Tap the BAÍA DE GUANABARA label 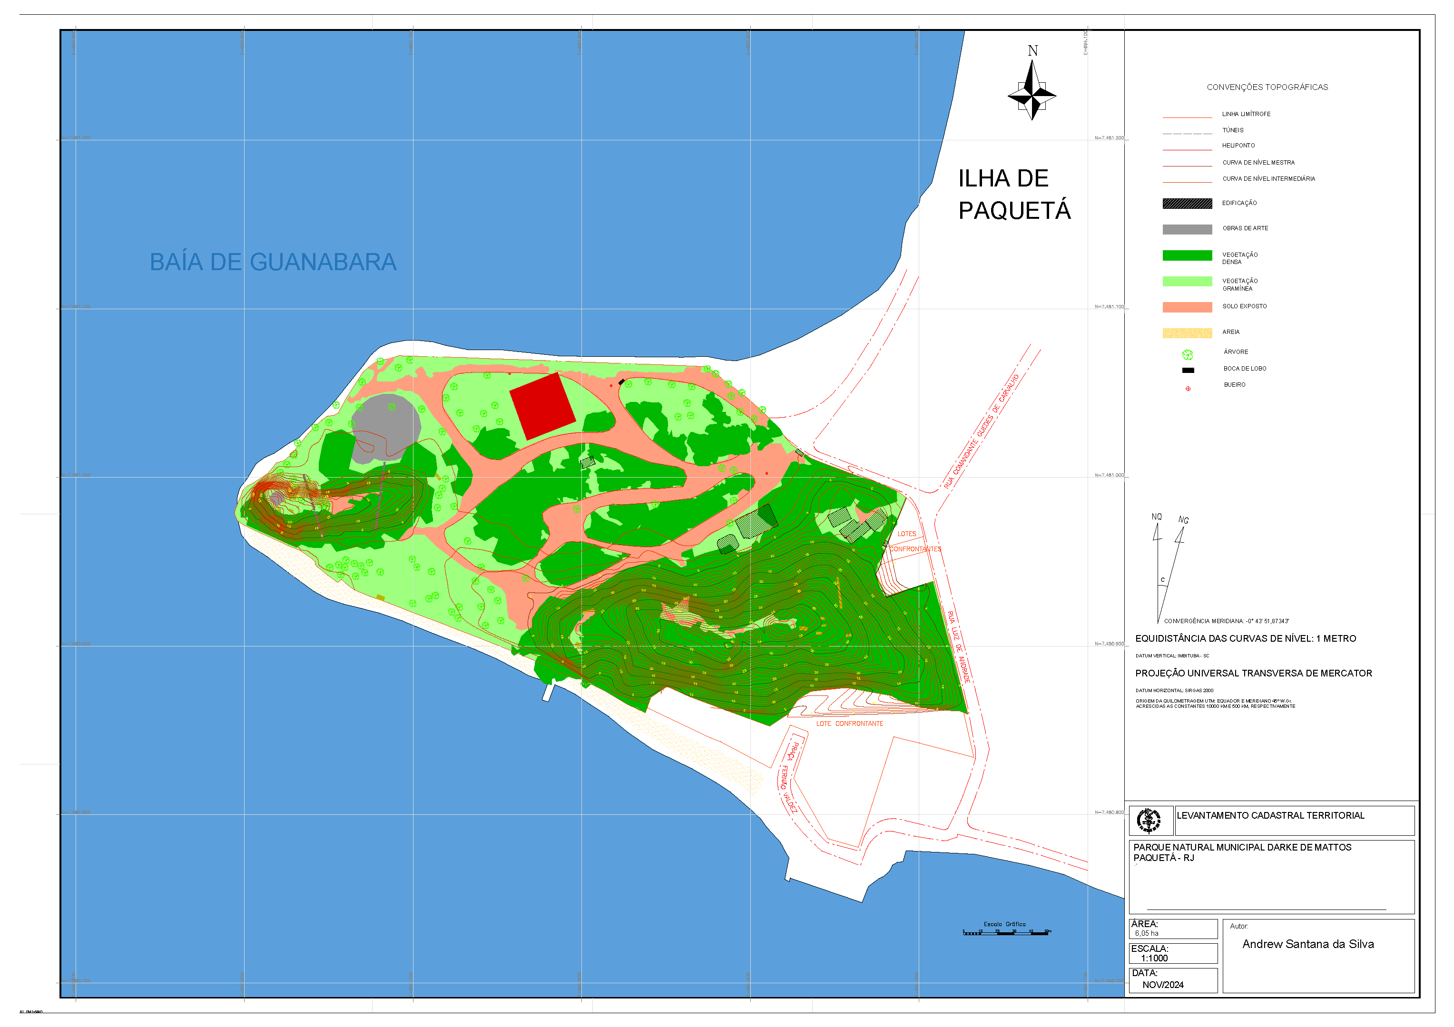273,262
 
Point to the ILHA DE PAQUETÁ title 1013,195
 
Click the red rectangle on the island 542,406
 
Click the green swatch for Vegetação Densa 1187,256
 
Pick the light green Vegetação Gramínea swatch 1187,282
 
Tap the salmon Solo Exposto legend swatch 1187,307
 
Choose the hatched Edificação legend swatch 1187,204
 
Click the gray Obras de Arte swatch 1187,230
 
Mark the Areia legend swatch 1187,333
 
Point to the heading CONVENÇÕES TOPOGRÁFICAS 1267,88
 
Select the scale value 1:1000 1154,959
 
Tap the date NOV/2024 1163,985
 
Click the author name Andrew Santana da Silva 1308,945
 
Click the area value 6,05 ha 1146,934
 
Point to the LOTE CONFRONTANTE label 849,724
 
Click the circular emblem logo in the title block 1148,821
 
